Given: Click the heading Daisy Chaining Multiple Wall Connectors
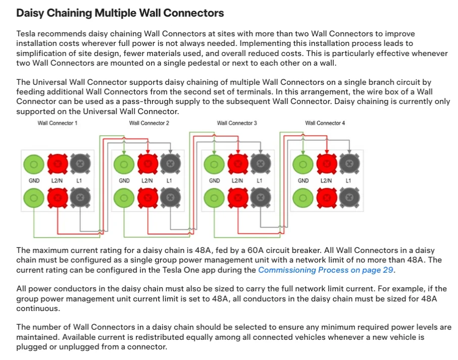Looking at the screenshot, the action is [120, 13].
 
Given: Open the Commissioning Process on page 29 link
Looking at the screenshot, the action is [326, 270].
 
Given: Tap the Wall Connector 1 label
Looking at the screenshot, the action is [58, 123].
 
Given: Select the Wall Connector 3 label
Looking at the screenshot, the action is [237, 123].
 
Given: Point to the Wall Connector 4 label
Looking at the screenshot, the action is [325, 123].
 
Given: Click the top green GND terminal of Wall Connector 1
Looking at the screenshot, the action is [34, 164].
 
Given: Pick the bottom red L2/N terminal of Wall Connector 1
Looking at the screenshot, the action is [58, 198].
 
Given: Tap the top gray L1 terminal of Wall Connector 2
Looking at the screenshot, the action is [170, 164].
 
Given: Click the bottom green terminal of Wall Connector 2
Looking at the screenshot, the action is [124, 198].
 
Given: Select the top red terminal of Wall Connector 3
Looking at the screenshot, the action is [238, 164].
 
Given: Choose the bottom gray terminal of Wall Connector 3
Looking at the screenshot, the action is [261, 198].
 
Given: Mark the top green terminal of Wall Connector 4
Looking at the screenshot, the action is [303, 164].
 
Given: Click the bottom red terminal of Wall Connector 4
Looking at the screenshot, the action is [327, 198].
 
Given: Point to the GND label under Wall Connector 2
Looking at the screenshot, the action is [124, 181].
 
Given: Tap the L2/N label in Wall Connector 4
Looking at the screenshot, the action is [326, 181].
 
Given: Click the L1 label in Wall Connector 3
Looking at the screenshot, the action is [260, 181].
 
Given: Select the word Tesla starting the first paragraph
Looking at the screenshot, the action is [26, 34].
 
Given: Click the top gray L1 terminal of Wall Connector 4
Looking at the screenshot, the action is [349, 164].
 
